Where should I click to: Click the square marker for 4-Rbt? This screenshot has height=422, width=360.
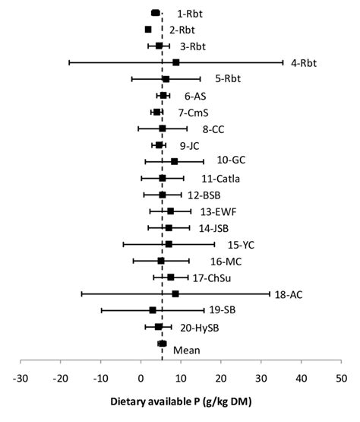176,62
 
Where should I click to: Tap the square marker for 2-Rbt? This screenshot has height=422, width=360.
148,30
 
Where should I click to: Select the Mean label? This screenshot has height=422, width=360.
187,350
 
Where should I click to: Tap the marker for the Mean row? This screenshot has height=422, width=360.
162,344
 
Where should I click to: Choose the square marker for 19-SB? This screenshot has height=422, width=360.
153,310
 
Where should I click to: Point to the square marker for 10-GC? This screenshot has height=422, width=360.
175,161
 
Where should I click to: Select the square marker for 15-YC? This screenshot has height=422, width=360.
169,244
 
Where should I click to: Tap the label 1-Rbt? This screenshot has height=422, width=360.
190,14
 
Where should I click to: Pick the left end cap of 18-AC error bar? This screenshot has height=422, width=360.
81,293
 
